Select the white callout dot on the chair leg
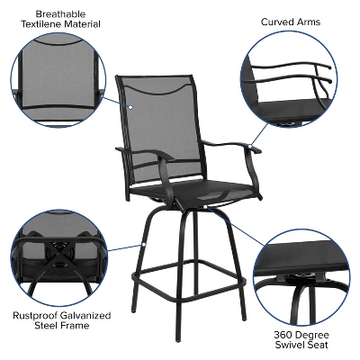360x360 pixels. click(143, 244)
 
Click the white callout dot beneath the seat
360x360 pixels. click(206, 207)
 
